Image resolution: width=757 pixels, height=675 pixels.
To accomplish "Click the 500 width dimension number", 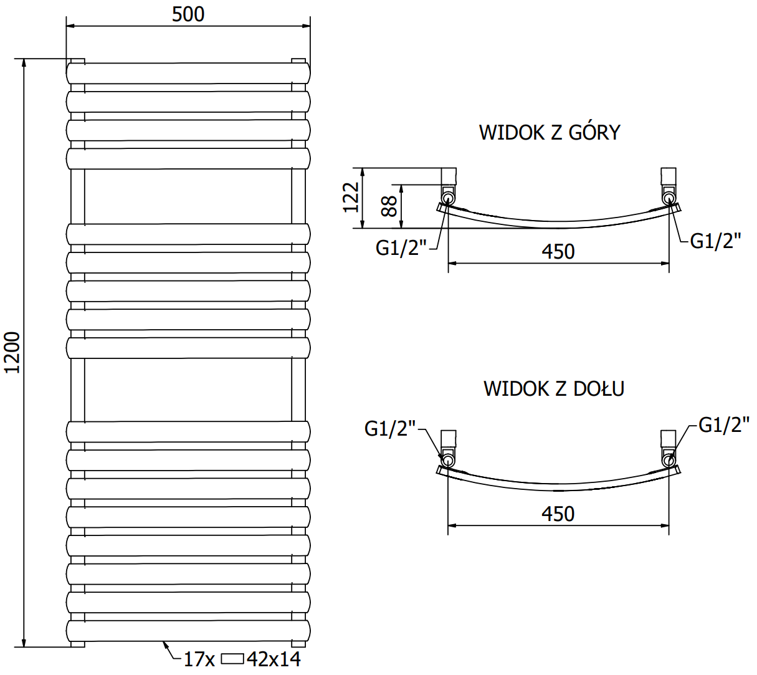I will (188, 14).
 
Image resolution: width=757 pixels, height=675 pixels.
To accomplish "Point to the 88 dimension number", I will (389, 206).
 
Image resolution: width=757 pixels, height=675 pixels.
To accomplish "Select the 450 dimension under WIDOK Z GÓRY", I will (558, 251).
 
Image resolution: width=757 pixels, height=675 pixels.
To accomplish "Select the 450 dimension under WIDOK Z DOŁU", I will (558, 514).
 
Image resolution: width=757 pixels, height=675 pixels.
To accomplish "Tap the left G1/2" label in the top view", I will (401, 248).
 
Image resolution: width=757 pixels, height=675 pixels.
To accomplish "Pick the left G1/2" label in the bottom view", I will (390, 428).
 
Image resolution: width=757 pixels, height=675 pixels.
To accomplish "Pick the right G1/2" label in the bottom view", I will (723, 425).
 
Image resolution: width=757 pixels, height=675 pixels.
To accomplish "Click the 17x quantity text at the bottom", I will (199, 659).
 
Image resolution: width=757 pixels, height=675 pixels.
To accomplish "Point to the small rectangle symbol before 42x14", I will (233, 658).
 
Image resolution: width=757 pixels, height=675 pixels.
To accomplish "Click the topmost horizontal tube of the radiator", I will (188, 74).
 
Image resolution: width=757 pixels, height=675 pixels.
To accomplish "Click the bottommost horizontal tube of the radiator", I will (188, 631).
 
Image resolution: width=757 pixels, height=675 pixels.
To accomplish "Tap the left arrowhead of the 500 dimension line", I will (70, 26).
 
